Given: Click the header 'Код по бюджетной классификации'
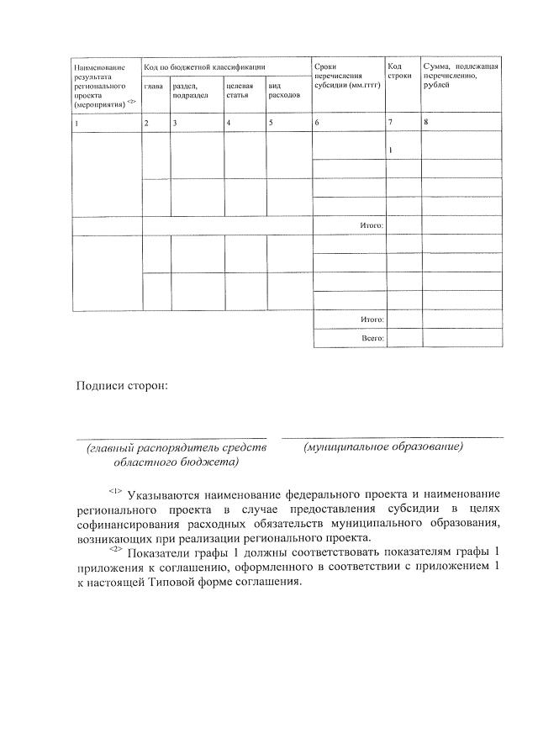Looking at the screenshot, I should click(x=205, y=66).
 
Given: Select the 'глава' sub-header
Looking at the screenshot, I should click(x=153, y=85).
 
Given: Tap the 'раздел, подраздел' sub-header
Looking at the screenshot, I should click(x=190, y=90).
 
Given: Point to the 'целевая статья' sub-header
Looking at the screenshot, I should click(x=239, y=90).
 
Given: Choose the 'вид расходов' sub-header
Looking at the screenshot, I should click(x=283, y=90).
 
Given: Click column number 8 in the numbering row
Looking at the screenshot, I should click(x=426, y=123).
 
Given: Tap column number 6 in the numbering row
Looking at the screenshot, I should click(x=316, y=124).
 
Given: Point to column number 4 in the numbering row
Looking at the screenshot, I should click(x=229, y=124).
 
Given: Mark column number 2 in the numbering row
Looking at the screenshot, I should click(x=146, y=124).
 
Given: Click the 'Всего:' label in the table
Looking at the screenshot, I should click(x=372, y=338).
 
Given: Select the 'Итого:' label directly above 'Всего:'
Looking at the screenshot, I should click(x=372, y=319).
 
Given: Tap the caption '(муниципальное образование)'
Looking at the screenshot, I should click(x=383, y=446).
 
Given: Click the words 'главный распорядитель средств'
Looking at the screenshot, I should click(x=177, y=448).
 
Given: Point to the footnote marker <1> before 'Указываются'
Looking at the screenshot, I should click(x=115, y=490).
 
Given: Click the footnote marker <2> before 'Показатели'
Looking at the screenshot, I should click(x=115, y=550).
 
